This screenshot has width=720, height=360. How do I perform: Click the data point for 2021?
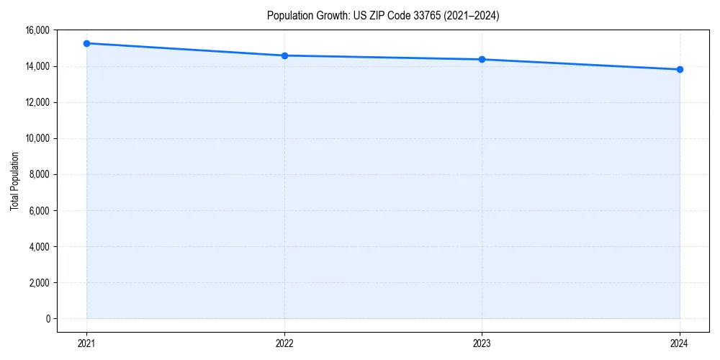86,43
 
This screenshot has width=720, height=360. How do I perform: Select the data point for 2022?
284,55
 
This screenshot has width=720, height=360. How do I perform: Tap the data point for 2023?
482,59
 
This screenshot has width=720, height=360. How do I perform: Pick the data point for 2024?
680,69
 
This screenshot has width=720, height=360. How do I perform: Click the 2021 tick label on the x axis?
86,343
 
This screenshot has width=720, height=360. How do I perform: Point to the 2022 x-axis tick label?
284,343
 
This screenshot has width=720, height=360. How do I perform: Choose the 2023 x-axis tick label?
482,343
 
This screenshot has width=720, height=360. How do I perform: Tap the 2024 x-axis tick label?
680,343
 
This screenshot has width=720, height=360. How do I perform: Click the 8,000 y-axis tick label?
40,174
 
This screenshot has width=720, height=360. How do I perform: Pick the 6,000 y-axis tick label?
40,210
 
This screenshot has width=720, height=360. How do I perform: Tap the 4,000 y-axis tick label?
40,246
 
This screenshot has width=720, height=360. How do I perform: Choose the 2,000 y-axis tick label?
40,282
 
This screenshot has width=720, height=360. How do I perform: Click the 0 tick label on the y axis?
48,318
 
